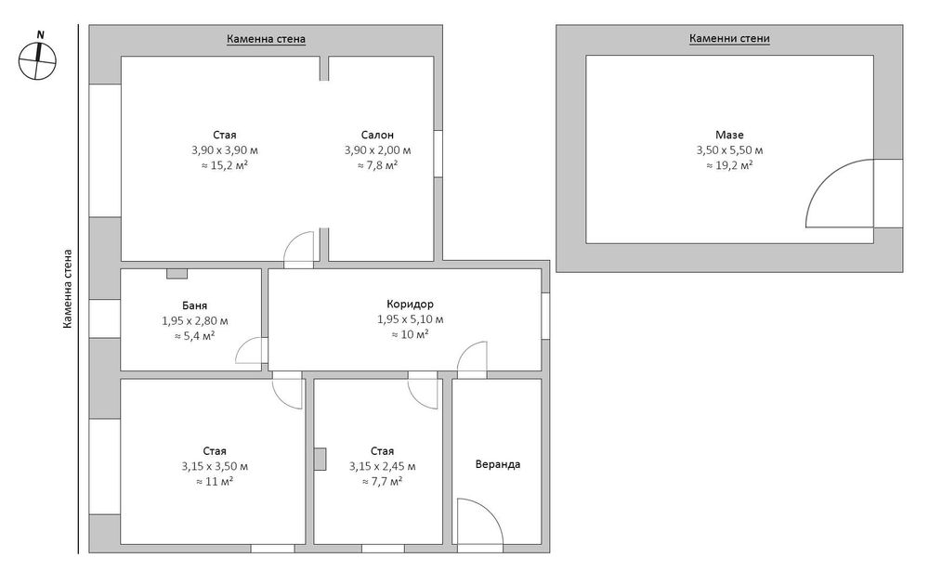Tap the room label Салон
[x=377, y=135]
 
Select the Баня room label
[x=194, y=305]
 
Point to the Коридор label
[x=410, y=304]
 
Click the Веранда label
[x=498, y=464]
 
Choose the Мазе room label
[x=729, y=135]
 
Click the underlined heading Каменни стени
[x=729, y=39]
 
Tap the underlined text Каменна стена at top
[x=266, y=40]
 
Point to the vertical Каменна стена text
[x=68, y=289]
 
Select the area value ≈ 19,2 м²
[x=729, y=165]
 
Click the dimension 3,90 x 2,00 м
[x=377, y=150]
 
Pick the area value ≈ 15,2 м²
[x=225, y=165]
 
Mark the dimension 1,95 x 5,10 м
[x=410, y=319]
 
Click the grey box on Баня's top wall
[x=177, y=274]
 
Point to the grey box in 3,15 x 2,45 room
[x=320, y=459]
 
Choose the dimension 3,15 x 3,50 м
[x=215, y=467]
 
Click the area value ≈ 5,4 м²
[x=194, y=336]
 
